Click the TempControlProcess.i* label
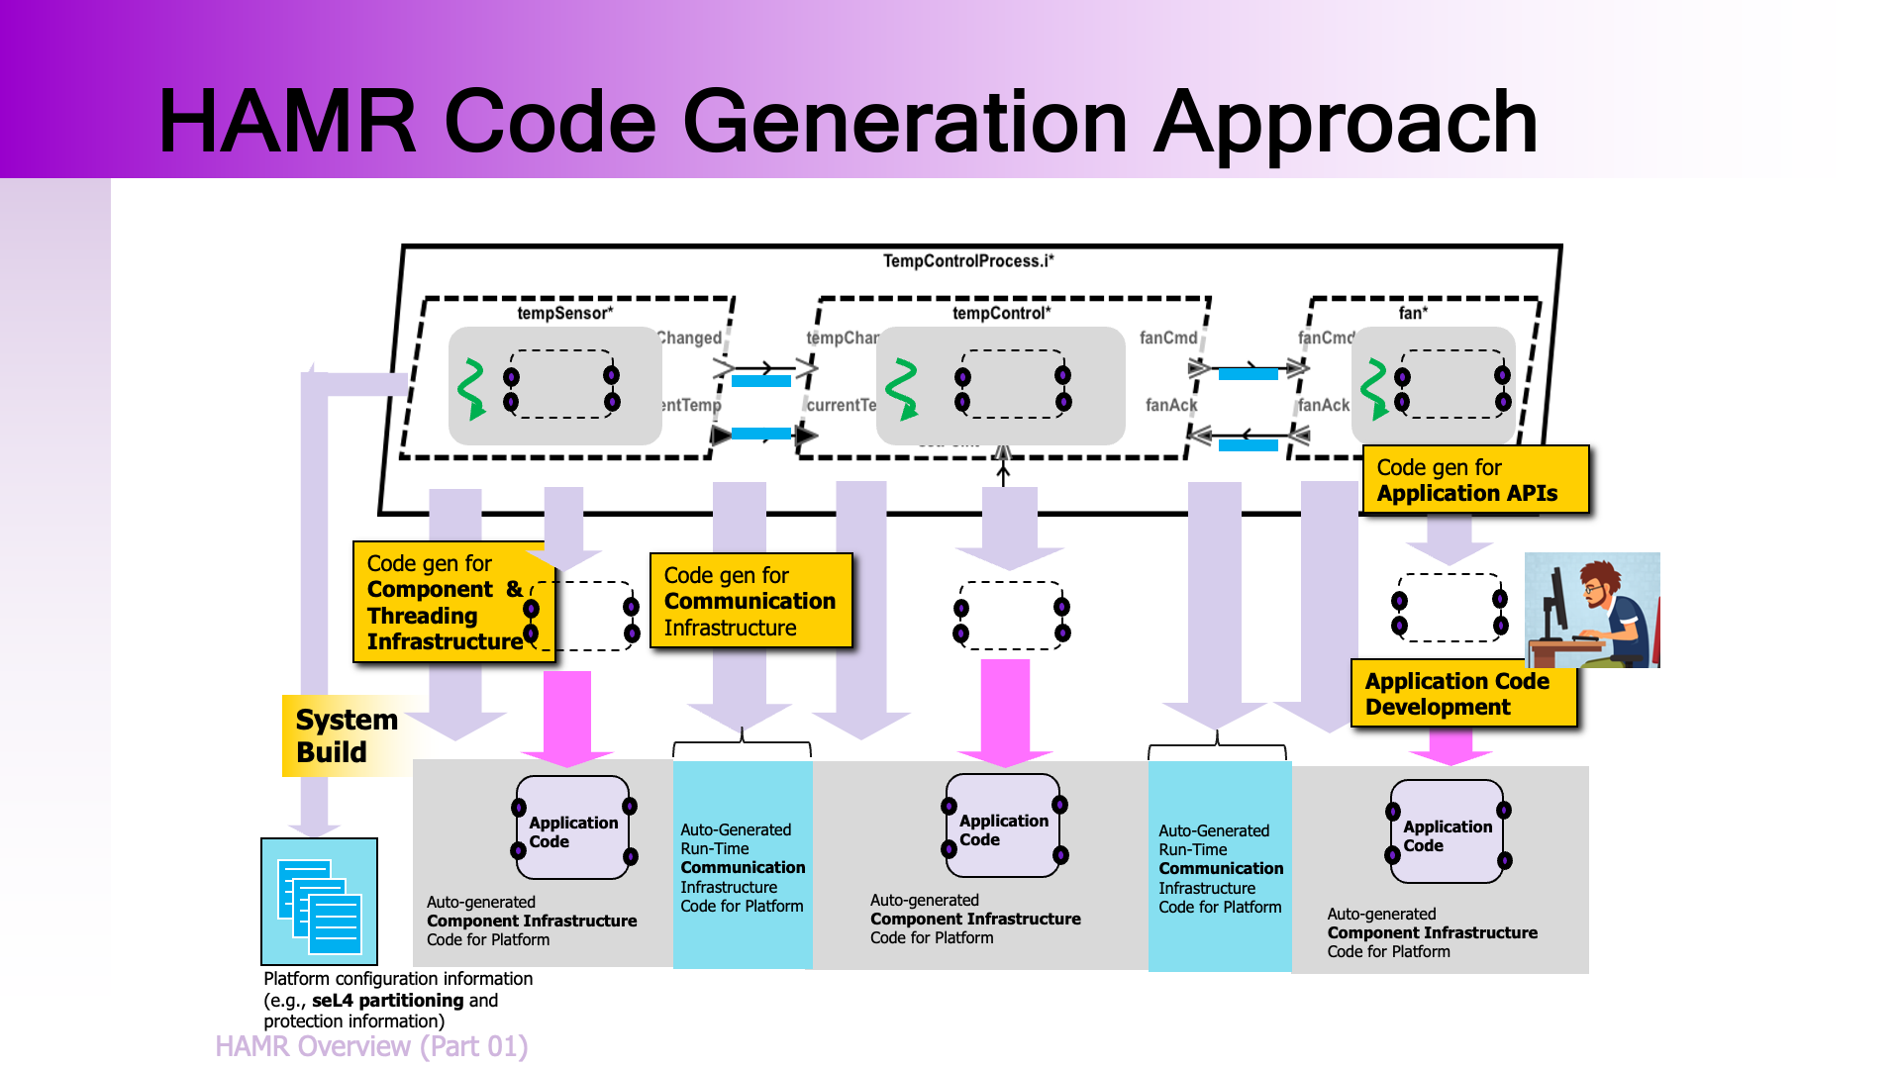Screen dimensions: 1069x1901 [967, 261]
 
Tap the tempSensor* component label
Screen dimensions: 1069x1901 [564, 313]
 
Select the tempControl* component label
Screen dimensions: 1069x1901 [1001, 313]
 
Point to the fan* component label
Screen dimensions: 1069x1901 [1412, 313]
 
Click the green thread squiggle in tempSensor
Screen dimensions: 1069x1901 [471, 389]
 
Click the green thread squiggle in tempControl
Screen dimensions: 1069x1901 [902, 389]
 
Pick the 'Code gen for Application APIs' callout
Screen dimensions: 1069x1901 [1474, 480]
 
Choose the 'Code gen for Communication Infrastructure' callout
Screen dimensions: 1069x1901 [750, 601]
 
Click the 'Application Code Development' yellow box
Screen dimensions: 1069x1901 [1462, 694]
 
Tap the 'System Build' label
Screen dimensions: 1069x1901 [346, 735]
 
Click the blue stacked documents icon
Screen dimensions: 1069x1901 [319, 902]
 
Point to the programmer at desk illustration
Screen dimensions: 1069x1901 [1591, 610]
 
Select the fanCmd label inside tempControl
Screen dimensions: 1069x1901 [1167, 338]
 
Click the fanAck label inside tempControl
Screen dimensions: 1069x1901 [1170, 405]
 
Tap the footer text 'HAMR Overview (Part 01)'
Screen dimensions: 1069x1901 [371, 1046]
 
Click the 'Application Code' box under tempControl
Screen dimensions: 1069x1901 [1003, 828]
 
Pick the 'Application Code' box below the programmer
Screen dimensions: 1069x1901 [1447, 834]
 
